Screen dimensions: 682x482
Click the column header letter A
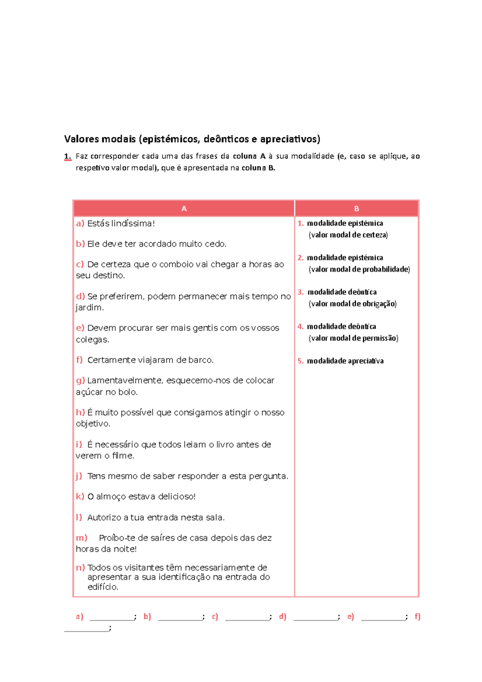click(184, 209)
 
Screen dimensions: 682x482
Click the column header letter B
click(356, 209)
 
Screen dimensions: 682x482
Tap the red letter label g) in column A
click(80, 380)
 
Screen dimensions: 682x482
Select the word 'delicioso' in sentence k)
click(176, 497)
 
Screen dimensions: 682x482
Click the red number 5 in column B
click(300, 361)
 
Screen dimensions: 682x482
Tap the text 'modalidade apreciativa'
click(345, 361)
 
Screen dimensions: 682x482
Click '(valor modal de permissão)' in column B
click(353, 338)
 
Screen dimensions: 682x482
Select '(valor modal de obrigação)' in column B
click(352, 304)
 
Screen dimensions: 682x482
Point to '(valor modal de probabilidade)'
click(359, 269)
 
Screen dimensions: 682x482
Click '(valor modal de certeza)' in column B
click(348, 235)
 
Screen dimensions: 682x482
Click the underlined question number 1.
click(67, 156)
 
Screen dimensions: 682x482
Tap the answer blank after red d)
click(316, 617)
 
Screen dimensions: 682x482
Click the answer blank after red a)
click(112, 617)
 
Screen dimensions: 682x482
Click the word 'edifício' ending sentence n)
click(102, 587)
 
